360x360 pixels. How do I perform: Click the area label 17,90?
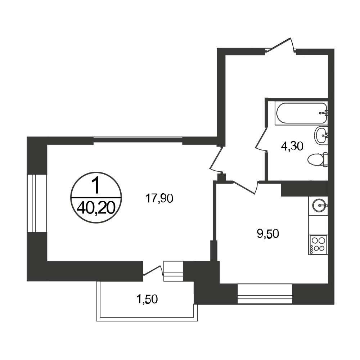(159, 198)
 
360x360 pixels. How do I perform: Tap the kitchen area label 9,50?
(268, 234)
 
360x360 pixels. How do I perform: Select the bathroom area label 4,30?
(292, 146)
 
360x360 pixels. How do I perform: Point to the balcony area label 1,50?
(147, 299)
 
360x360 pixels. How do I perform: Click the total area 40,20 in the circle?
(96, 209)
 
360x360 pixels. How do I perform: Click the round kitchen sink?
(319, 204)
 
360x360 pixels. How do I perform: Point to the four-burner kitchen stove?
(318, 244)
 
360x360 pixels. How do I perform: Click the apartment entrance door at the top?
(281, 46)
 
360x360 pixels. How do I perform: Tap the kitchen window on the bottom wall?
(265, 294)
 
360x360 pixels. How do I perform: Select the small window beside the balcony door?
(174, 271)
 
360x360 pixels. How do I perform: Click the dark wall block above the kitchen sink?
(305, 189)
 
